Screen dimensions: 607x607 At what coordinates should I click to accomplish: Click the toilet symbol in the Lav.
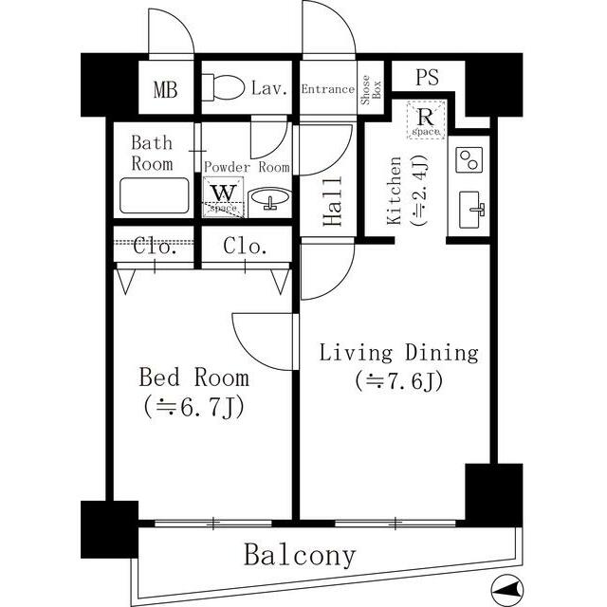click(x=223, y=87)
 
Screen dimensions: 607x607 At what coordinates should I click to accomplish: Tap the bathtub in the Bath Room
click(x=155, y=195)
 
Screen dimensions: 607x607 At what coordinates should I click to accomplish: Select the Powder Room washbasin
click(x=269, y=198)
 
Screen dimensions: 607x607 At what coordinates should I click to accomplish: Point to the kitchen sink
click(x=471, y=210)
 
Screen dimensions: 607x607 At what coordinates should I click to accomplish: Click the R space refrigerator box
click(x=426, y=120)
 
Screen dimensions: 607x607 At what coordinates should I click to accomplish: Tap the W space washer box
click(x=224, y=196)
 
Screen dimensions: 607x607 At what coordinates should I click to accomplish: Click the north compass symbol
click(x=506, y=590)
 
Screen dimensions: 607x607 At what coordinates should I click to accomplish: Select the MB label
click(x=166, y=89)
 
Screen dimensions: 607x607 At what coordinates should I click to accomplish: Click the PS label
click(x=428, y=77)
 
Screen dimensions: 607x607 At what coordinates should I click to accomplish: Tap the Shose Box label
click(x=371, y=90)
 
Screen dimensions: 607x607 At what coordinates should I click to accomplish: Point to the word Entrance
click(x=328, y=89)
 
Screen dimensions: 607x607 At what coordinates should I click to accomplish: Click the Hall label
click(x=333, y=201)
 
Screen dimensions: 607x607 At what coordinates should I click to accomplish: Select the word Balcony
click(x=300, y=556)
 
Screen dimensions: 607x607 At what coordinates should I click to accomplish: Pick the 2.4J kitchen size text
click(x=419, y=190)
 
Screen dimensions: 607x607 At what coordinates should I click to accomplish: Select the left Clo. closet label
click(x=155, y=247)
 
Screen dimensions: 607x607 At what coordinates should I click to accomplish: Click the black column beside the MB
click(x=110, y=85)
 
